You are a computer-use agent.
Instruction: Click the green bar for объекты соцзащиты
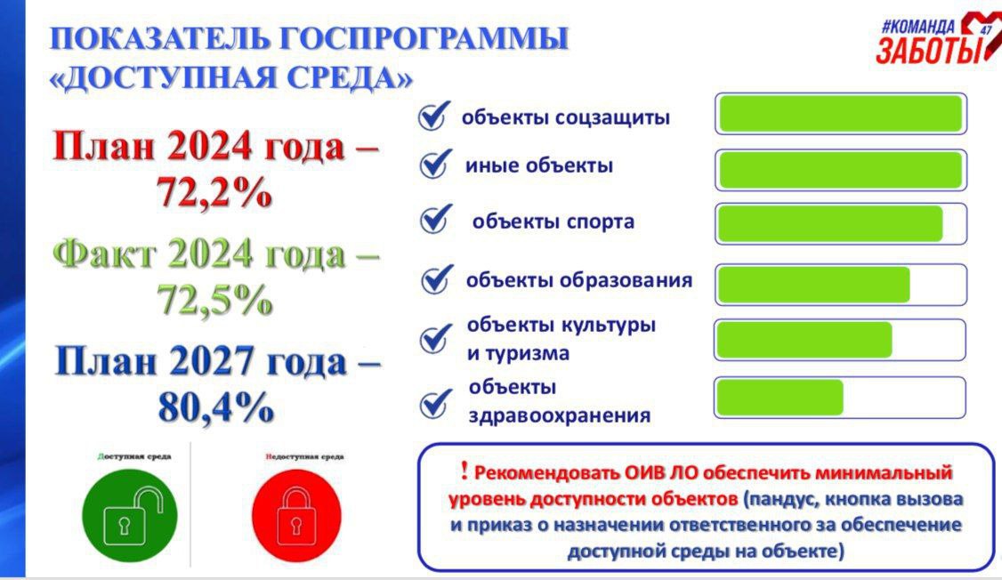pos(840,114)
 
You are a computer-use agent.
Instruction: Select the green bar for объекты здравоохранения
pos(780,398)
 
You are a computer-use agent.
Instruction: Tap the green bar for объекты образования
pos(813,285)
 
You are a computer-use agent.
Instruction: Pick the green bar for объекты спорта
pos(830,224)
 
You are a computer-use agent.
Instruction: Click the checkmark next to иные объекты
pos(436,165)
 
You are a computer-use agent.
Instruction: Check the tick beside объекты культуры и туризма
pos(436,339)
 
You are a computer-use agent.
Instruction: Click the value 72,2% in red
pos(214,191)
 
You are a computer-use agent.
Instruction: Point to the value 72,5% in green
pos(214,299)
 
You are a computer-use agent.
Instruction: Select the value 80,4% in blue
pos(216,407)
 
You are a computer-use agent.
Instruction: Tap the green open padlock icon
pos(130,515)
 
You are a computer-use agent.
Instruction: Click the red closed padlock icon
pos(296,515)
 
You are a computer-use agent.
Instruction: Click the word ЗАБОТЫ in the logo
pos(928,50)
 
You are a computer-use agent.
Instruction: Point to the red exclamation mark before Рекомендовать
pos(464,471)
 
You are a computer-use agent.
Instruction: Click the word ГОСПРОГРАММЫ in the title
pos(423,38)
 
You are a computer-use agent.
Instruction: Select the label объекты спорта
pos(554,222)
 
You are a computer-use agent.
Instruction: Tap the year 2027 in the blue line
pos(212,361)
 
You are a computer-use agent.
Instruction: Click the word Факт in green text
pos(104,254)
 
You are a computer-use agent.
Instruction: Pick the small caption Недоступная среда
pos(305,456)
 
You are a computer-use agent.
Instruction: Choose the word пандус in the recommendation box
pos(783,498)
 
